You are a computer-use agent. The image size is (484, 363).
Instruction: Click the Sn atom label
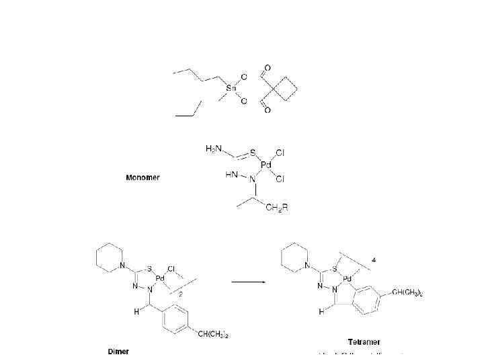[x=232, y=88]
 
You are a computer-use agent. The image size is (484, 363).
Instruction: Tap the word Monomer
[x=143, y=178]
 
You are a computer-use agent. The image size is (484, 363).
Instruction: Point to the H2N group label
[x=213, y=147]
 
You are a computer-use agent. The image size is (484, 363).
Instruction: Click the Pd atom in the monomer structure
[x=266, y=165]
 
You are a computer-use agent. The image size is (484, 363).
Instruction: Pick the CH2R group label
[x=276, y=208]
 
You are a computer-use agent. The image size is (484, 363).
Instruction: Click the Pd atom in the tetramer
[x=347, y=278]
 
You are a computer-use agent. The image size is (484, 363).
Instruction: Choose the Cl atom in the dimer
[x=171, y=269]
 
